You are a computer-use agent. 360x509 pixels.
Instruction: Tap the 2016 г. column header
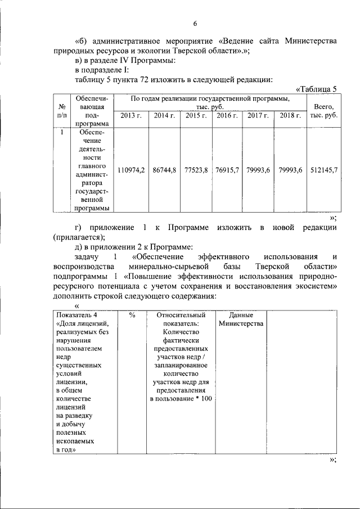coord(227,115)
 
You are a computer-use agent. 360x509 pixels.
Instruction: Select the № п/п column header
coord(60,110)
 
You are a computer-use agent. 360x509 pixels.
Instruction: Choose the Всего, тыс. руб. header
coord(324,110)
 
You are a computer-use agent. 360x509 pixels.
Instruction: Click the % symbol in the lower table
coord(132,316)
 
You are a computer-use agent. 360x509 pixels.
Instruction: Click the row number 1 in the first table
coord(60,133)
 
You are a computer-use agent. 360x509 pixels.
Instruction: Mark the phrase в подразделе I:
coord(102,70)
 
